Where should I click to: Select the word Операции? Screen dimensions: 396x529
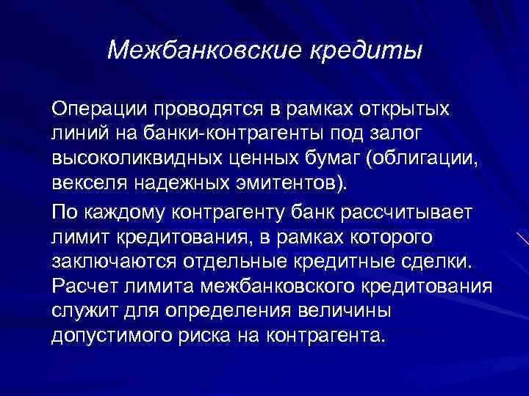pyautogui.click(x=99, y=110)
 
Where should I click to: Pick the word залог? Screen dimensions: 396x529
pyautogui.click(x=415, y=136)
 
